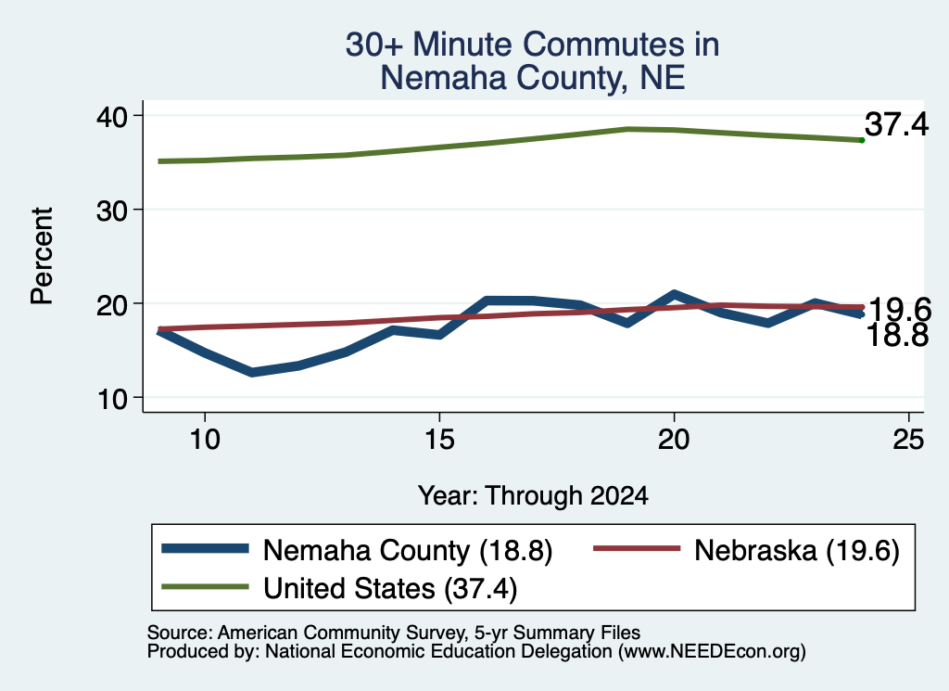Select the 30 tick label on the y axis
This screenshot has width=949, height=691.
(x=111, y=211)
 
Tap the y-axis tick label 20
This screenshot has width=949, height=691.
(x=111, y=304)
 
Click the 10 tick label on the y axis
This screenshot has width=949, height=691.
(x=111, y=399)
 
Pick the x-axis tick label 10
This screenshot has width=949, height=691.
(x=205, y=439)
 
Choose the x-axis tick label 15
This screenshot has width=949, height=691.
(x=439, y=439)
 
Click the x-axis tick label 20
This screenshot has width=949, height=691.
(x=674, y=439)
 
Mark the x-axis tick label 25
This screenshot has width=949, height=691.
(x=908, y=439)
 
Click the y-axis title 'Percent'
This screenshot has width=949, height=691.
(x=43, y=255)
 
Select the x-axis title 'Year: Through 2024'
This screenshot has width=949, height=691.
(x=533, y=496)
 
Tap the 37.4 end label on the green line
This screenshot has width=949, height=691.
(x=896, y=124)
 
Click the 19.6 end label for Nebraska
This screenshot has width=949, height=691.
(x=900, y=310)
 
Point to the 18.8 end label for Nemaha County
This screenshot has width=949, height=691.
(x=897, y=336)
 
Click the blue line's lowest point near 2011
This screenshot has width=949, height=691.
(x=252, y=372)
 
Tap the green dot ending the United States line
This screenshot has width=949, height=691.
(x=862, y=140)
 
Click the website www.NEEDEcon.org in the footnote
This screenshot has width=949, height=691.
(x=712, y=652)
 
